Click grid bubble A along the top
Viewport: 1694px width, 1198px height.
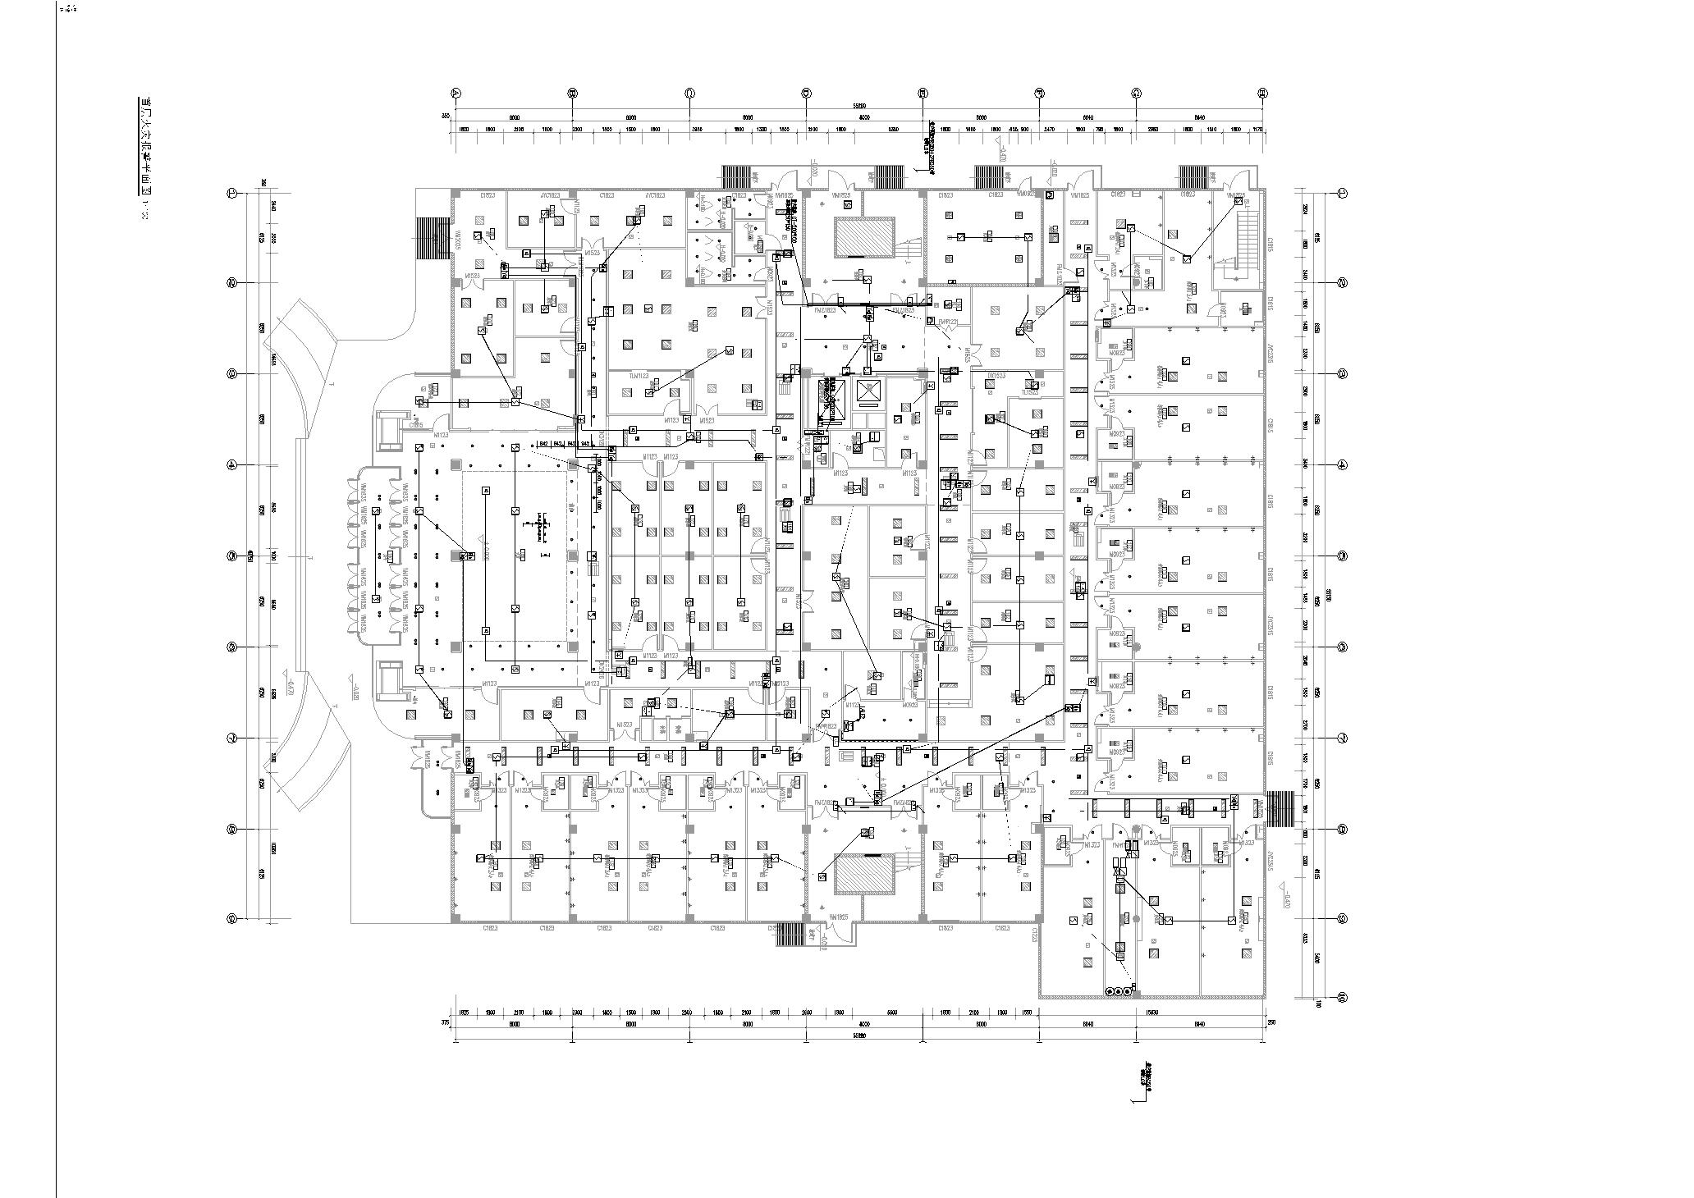coord(456,94)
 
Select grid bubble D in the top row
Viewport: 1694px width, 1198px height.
coord(807,94)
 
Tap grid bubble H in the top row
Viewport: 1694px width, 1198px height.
coord(1264,94)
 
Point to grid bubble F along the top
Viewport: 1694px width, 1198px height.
coord(1039,94)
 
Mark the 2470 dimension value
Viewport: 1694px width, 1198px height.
coord(1049,130)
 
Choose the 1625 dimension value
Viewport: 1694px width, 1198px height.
coord(463,1012)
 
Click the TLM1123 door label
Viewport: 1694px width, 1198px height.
coord(639,375)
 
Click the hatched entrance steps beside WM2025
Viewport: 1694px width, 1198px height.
coord(433,237)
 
